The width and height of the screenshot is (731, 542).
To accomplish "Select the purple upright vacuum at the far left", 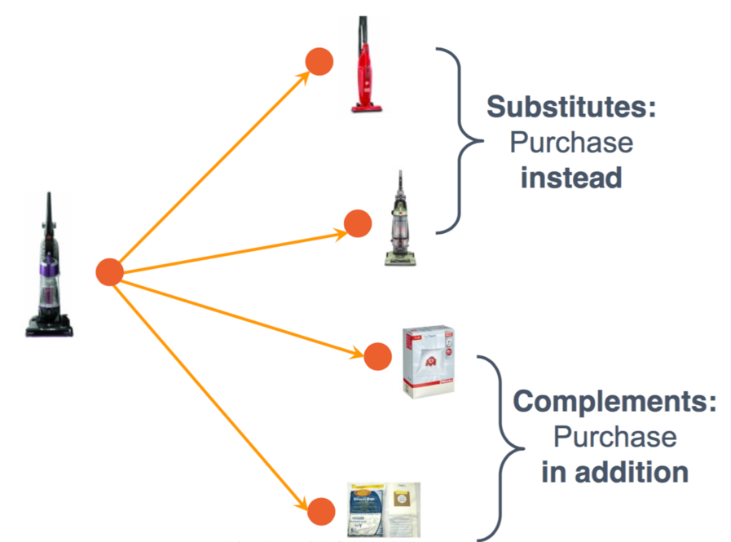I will click(49, 265).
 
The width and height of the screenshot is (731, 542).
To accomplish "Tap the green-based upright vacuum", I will click(399, 218).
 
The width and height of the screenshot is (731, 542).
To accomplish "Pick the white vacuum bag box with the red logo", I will click(428, 360).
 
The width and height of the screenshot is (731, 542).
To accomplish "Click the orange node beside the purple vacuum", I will click(109, 272).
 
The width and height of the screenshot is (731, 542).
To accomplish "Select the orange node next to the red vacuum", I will click(319, 61).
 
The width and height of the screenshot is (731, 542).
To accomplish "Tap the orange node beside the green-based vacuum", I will click(358, 223).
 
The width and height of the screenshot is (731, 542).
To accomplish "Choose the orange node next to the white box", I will click(377, 356).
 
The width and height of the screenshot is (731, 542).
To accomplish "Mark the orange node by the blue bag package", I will click(320, 512).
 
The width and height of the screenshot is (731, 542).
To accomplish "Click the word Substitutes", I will click(570, 107).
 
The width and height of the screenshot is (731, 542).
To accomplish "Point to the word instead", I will click(570, 177).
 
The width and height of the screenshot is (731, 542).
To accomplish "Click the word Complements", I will click(614, 401).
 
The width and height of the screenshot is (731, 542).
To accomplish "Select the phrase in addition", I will click(614, 471).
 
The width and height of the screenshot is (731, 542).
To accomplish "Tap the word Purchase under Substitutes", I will click(570, 143).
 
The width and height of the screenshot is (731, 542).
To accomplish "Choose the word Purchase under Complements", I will click(614, 436).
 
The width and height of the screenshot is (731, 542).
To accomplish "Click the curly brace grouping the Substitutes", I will click(460, 140).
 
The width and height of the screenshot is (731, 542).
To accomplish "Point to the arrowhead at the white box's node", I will click(358, 352).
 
